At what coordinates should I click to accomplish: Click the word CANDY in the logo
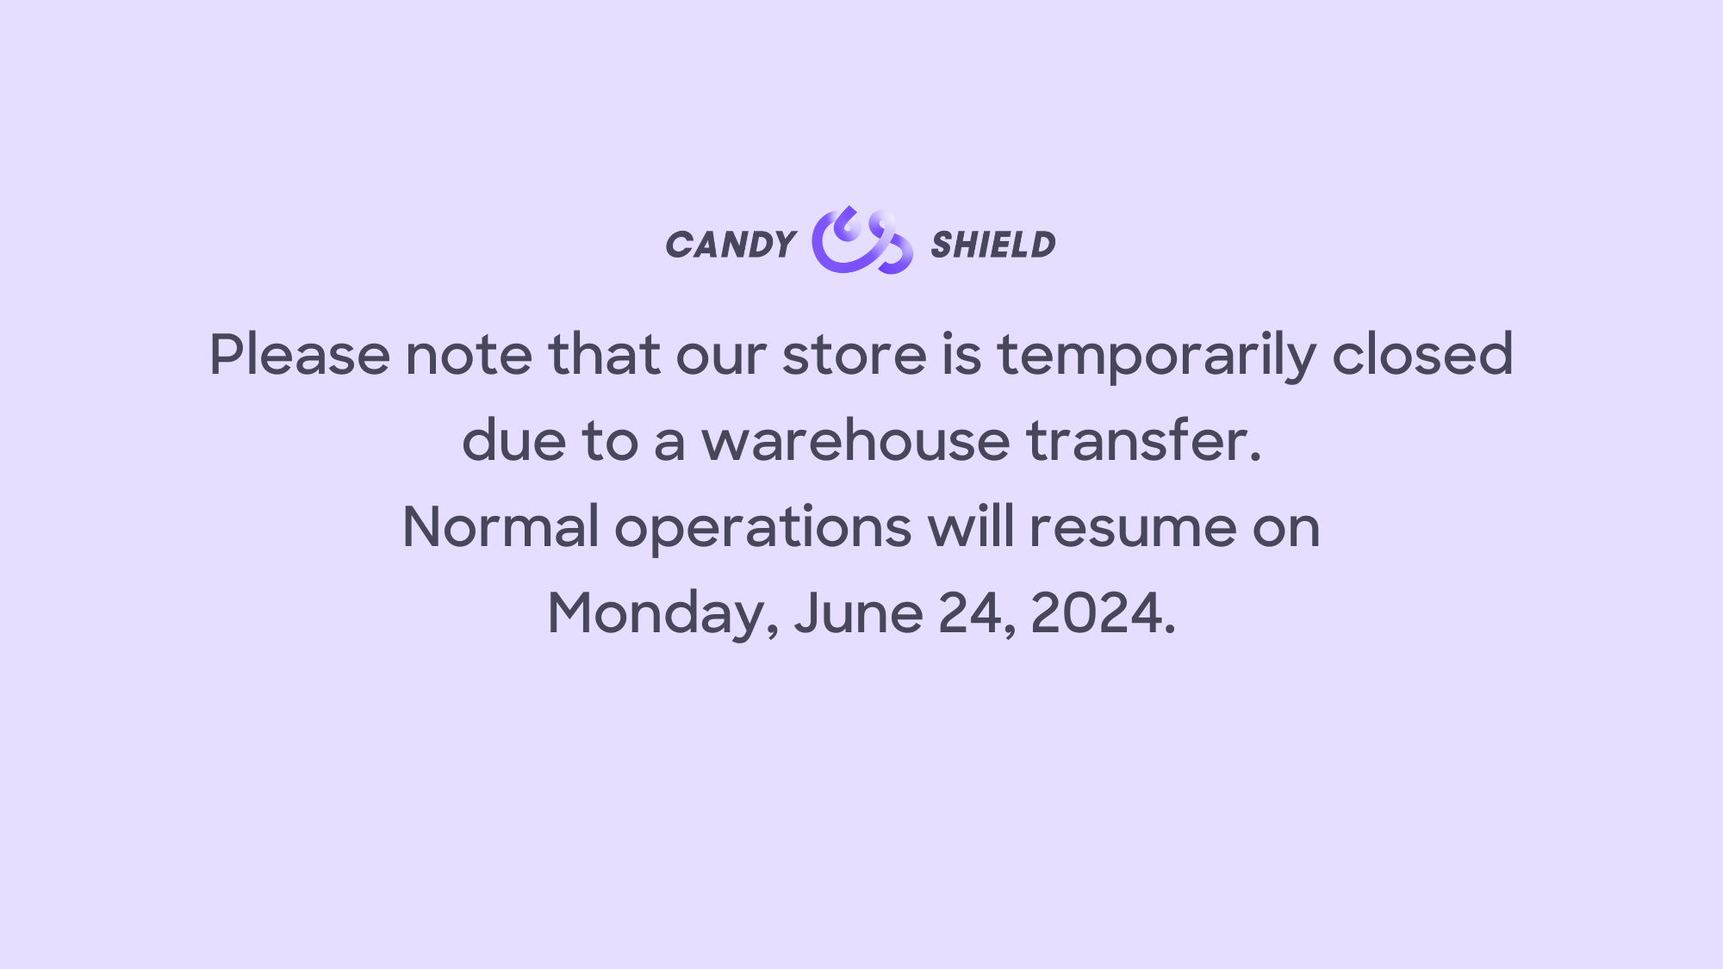point(731,245)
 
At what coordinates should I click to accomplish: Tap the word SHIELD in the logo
point(992,245)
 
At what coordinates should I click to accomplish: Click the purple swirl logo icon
point(861,240)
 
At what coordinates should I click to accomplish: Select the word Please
point(299,354)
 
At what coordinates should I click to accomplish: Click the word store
point(854,354)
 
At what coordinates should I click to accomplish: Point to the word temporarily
point(1156,356)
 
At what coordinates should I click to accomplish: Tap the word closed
point(1422,354)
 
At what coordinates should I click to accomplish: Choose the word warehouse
point(855,440)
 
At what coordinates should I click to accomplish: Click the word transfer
point(1143,440)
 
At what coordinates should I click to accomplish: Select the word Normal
point(501,527)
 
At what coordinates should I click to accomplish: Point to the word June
point(858,613)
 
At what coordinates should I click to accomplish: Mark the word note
point(469,354)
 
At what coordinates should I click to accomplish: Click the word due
point(513,440)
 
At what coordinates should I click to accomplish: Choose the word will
point(971,526)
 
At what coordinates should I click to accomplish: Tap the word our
point(721,354)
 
